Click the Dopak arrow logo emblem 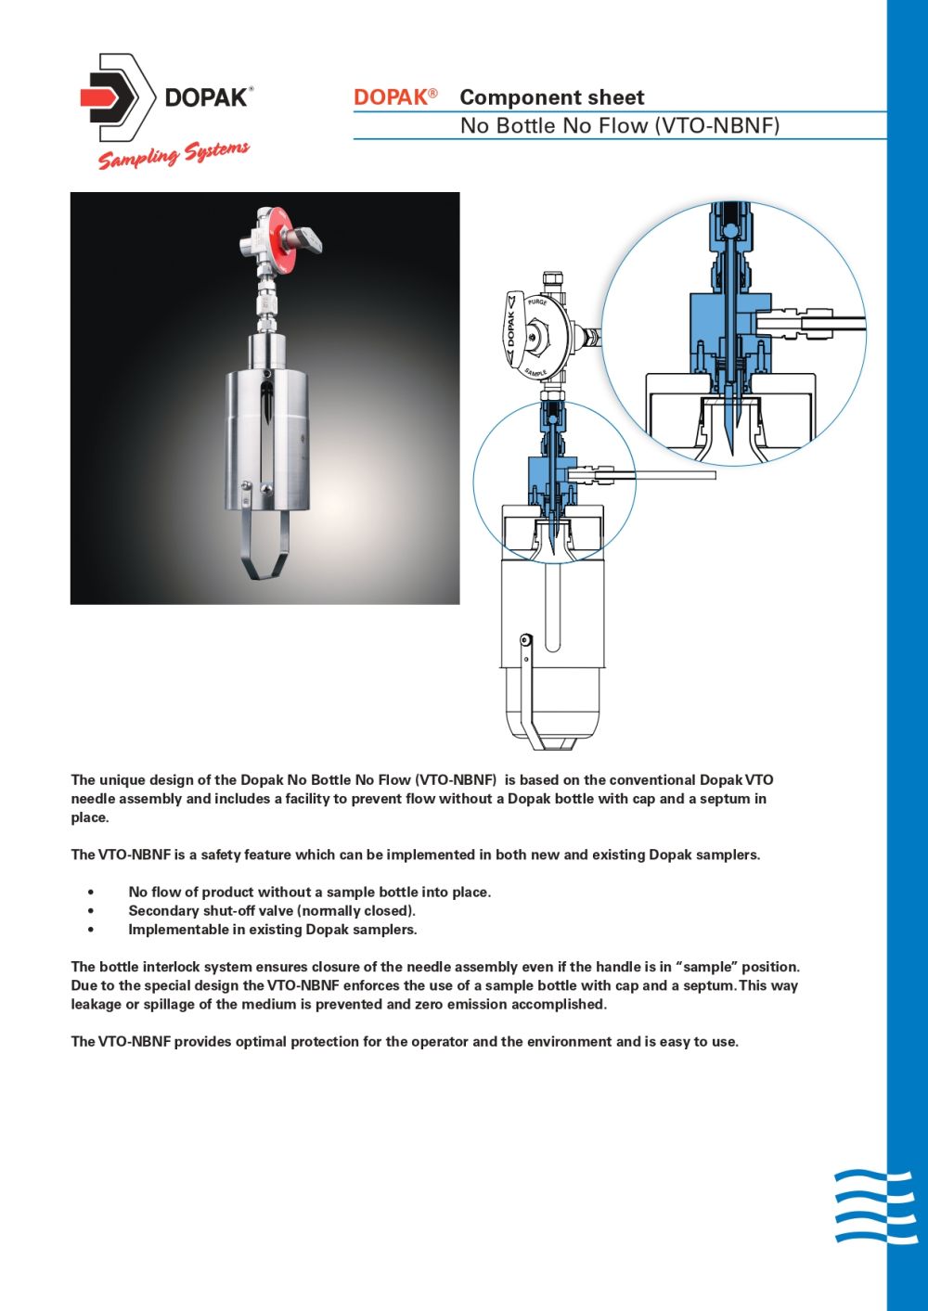pos(116,97)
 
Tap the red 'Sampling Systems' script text pos(174,155)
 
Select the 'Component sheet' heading pos(551,97)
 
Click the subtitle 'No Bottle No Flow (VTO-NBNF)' pos(619,126)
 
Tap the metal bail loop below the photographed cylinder pos(265,547)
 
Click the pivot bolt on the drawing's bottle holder pos(525,639)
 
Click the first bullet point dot pos(90,893)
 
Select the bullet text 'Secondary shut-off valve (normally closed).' pos(271,911)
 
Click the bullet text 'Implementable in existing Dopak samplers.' pos(272,930)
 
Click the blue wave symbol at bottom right pos(874,1206)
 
